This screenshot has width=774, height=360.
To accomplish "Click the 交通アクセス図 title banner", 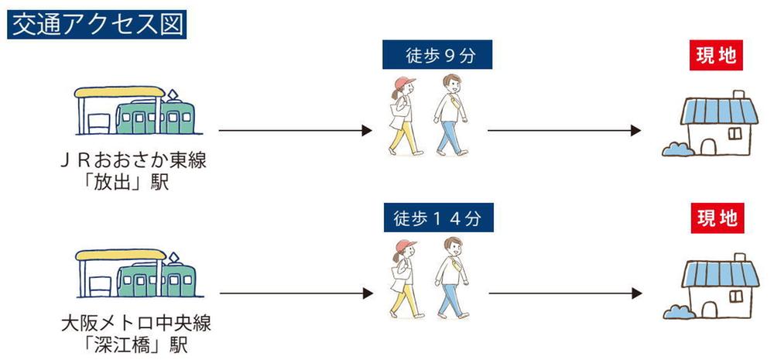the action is [x=97, y=26].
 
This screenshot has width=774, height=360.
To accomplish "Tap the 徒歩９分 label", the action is [x=437, y=54].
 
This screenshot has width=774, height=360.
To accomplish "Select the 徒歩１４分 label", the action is [x=438, y=218].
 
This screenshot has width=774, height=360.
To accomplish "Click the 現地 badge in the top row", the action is [x=716, y=55].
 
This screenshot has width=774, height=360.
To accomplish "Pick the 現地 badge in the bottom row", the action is [x=717, y=218].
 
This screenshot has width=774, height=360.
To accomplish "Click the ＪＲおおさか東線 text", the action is [x=133, y=161].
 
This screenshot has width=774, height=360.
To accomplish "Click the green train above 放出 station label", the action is [x=156, y=117].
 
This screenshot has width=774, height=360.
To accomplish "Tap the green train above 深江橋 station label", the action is [x=156, y=279].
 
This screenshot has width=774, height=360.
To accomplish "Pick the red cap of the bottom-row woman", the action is [x=406, y=245].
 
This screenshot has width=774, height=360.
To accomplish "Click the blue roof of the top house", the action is [x=719, y=111].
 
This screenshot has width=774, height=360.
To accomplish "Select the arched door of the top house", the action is [x=708, y=146].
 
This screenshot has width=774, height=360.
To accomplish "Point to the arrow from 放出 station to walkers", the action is [x=295, y=130].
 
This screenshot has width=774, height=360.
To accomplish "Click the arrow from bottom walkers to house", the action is [x=565, y=293].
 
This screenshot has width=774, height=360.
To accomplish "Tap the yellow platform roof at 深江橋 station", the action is [x=121, y=254].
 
